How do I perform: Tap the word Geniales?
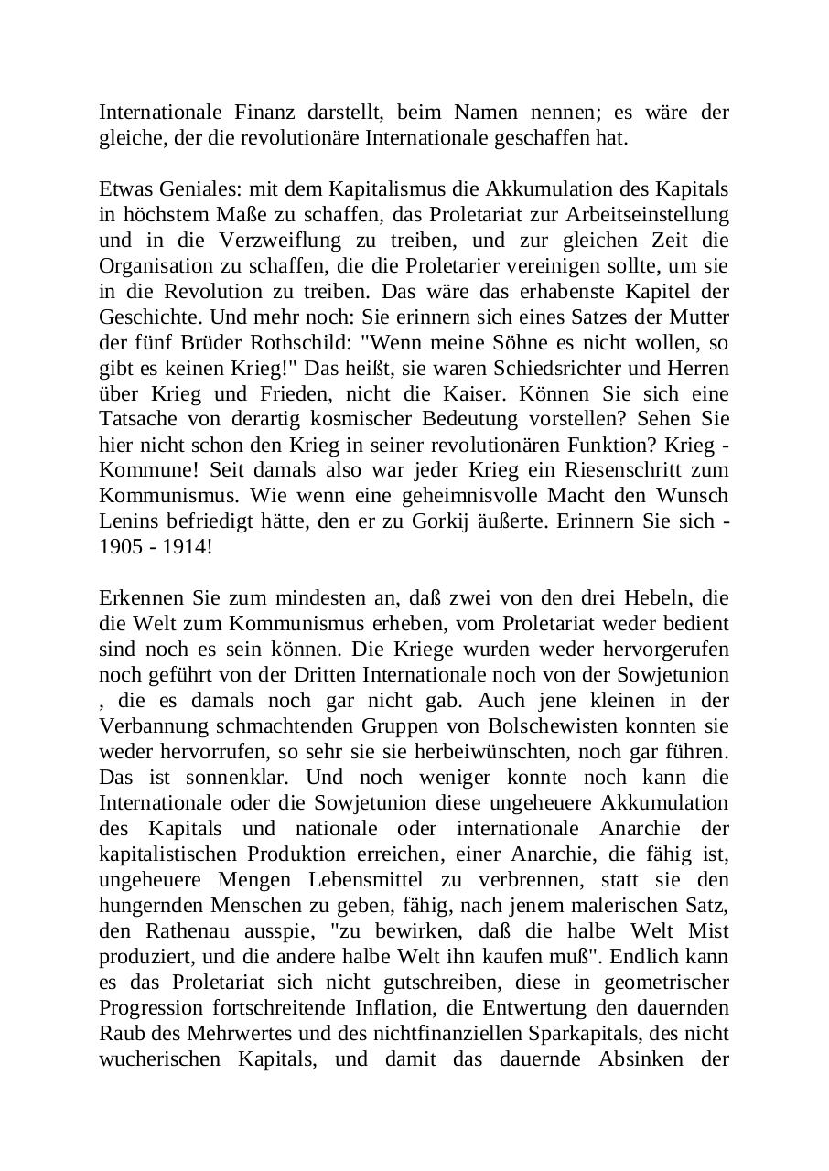point(188,189)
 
